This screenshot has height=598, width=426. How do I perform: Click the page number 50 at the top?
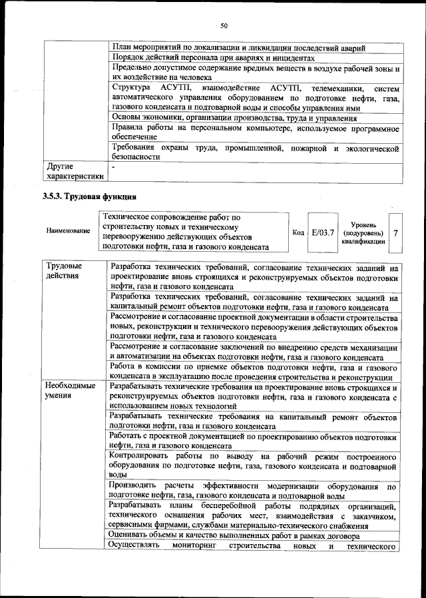[x=224, y=26]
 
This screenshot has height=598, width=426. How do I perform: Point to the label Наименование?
[x=69, y=230]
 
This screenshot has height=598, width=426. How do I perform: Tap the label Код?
[x=298, y=232]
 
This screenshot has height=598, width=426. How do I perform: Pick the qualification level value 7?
[x=396, y=233]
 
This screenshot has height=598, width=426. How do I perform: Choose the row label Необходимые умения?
[x=70, y=391]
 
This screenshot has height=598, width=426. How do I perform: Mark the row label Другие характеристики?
[x=75, y=171]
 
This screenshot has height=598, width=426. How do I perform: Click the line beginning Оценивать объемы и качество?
[x=235, y=536]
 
